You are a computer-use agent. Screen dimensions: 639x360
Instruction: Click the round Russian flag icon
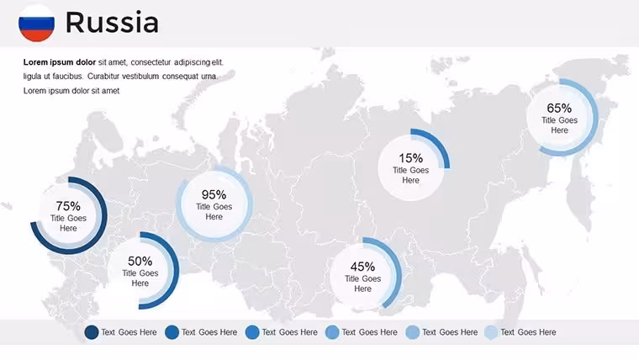pos(36,24)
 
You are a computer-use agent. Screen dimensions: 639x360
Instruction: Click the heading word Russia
pos(112,23)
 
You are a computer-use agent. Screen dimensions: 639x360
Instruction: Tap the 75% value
pos(68,206)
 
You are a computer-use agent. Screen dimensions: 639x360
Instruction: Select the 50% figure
pos(140,261)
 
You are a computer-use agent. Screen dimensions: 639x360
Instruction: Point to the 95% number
pos(214,194)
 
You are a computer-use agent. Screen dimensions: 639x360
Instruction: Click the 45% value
pos(362,267)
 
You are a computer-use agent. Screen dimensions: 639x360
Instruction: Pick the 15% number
pos(410,158)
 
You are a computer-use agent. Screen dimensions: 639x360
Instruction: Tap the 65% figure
pos(559,108)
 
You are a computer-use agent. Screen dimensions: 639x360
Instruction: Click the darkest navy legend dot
pos(92,332)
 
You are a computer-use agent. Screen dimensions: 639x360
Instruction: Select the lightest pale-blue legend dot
pos(492,332)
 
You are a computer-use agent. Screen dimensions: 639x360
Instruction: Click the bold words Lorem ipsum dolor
pos(60,62)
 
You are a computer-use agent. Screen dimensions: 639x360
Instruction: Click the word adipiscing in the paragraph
pos(193,62)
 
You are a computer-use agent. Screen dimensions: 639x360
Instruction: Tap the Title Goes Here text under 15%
pos(410,175)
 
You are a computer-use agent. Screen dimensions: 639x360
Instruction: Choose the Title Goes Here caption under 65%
pos(559,125)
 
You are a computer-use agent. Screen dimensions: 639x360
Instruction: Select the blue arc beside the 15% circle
pos(438,140)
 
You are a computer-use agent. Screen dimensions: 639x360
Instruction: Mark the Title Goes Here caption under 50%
pos(140,278)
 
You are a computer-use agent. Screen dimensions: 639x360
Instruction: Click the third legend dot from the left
pos(252,332)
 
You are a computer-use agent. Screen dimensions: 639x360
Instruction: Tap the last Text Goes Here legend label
pos(528,332)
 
